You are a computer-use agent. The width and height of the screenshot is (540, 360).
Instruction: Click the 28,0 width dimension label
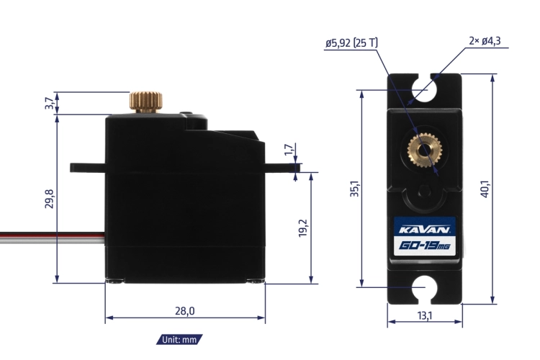pos(184,311)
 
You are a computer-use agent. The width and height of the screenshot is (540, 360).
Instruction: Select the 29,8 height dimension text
pos(50,199)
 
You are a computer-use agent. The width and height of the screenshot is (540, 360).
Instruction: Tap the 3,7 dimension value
pos(50,104)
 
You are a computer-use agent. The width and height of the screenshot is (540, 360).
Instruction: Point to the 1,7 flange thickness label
pos(289,150)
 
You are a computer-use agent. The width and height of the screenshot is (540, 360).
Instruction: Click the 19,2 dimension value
pos(302,228)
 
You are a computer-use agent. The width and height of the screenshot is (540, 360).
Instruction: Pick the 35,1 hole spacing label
pos(354,189)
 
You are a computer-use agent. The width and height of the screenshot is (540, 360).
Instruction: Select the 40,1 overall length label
pos(485,189)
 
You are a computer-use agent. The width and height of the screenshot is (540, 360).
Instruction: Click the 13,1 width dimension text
pos(424,315)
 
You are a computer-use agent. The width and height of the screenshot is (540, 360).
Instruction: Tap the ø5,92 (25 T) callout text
pos(351,43)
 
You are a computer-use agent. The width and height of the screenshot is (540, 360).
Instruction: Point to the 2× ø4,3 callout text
pos(485,41)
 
